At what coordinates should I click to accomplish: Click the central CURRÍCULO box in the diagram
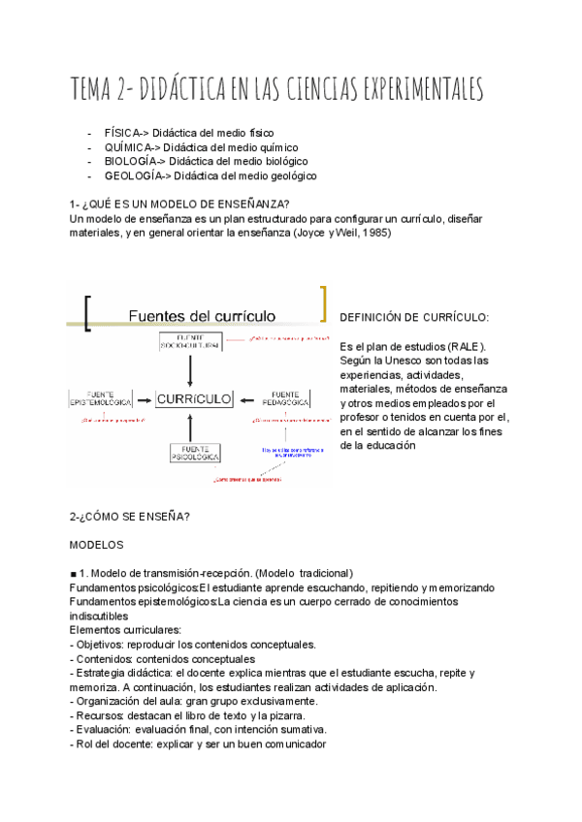tap(192, 397)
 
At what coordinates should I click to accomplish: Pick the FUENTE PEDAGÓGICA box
tap(285, 398)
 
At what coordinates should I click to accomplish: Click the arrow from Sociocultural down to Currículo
tap(191, 369)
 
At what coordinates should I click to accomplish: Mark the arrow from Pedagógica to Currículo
tap(246, 397)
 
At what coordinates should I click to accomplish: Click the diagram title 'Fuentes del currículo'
tap(203, 315)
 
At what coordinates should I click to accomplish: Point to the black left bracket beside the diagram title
tap(89, 312)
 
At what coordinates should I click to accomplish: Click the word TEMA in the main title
tap(94, 89)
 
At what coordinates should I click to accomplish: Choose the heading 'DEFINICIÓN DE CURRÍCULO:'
tap(414, 318)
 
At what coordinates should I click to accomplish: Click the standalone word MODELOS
tap(97, 545)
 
